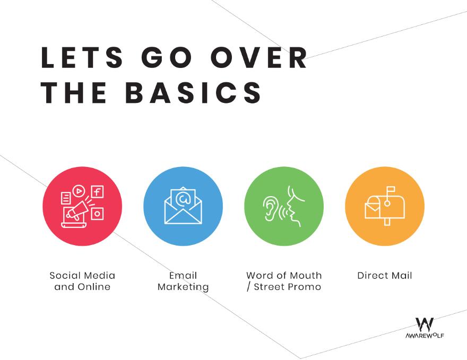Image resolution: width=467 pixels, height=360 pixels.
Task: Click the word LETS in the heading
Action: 82,57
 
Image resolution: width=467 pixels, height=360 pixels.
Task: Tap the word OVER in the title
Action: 259,57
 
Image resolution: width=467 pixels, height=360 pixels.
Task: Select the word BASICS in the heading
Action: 193,93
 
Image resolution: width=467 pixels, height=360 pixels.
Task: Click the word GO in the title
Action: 167,57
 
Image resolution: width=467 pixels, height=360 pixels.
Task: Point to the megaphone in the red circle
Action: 77,210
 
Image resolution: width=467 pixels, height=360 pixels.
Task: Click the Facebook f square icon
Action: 98,191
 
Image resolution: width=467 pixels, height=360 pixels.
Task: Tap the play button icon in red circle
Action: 79,191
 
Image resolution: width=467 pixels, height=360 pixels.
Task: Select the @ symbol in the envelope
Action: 183,199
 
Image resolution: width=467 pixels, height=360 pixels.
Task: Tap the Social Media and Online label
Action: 82,281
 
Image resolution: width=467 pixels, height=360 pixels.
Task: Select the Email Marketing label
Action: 183,281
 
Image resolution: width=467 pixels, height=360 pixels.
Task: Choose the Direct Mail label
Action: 385,276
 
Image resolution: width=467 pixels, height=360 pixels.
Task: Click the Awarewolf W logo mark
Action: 425,324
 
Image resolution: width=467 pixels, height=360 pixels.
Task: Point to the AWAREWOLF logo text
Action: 425,336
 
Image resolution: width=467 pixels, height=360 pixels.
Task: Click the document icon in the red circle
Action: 66,198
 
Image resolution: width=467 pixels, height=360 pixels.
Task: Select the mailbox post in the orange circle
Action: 387,222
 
